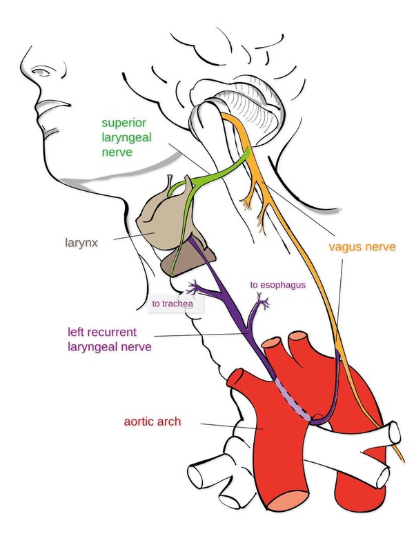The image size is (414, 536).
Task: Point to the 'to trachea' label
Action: tap(175, 301)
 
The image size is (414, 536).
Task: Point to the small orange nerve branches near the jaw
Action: tap(248, 199)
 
